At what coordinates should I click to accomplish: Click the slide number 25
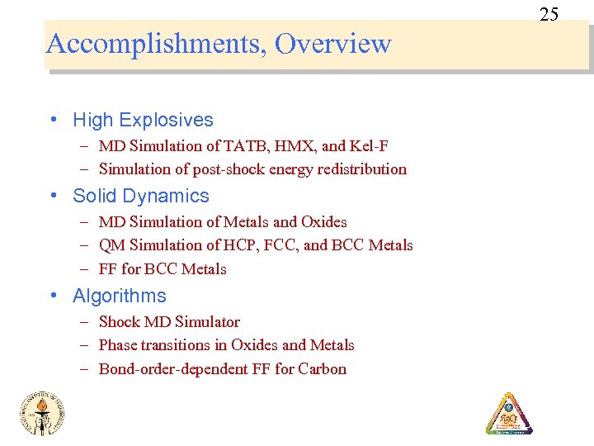tap(549, 14)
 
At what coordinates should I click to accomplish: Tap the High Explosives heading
tap(143, 120)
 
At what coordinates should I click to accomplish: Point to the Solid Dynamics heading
tap(141, 196)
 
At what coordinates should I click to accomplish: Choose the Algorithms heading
tap(120, 296)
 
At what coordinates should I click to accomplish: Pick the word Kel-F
tap(369, 146)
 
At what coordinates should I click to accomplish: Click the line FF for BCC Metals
tap(163, 269)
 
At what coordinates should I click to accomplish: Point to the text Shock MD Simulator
tap(169, 322)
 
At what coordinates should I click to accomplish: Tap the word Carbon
tap(323, 369)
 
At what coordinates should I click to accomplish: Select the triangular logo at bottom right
tap(509, 413)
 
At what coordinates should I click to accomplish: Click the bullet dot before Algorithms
tap(54, 296)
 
